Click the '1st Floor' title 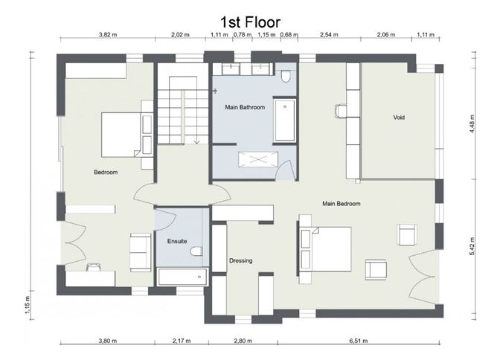pyautogui.click(x=251, y=22)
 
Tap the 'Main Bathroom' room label pyautogui.click(x=245, y=107)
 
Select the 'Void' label pyautogui.click(x=399, y=118)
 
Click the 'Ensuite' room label pyautogui.click(x=177, y=241)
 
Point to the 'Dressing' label pyautogui.click(x=241, y=260)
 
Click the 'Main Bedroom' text pyautogui.click(x=342, y=204)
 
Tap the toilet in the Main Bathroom pyautogui.click(x=286, y=75)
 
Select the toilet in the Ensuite pyautogui.click(x=196, y=251)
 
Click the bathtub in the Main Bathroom pyautogui.click(x=285, y=120)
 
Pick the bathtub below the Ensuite pyautogui.click(x=182, y=277)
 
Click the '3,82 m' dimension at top pyautogui.click(x=108, y=34)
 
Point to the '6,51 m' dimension pyautogui.click(x=359, y=341)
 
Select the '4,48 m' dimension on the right pyautogui.click(x=472, y=123)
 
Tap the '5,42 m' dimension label pyautogui.click(x=472, y=246)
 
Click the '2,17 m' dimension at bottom pyautogui.click(x=182, y=341)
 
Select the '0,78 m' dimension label pyautogui.click(x=243, y=34)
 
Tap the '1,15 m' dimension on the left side pyautogui.click(x=28, y=305)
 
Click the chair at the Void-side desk pyautogui.click(x=341, y=111)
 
